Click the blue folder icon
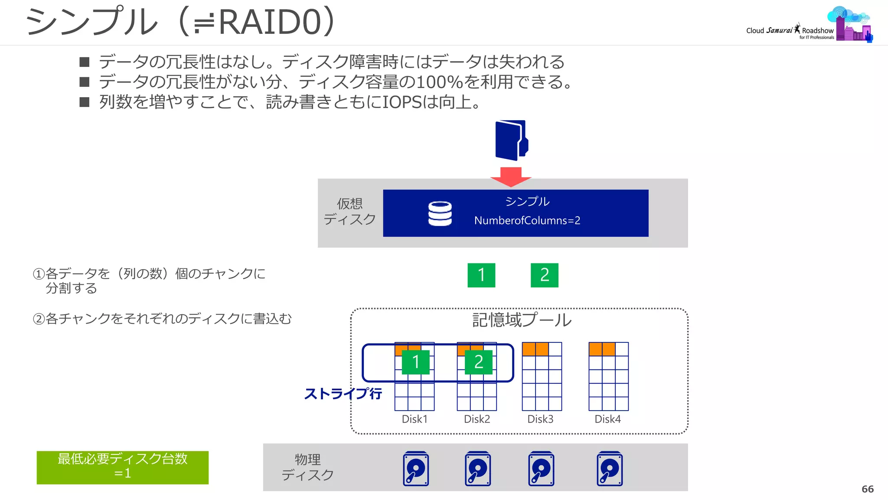click(x=511, y=140)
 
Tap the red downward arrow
click(x=511, y=176)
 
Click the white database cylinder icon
click(x=440, y=214)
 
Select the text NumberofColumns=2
click(x=527, y=220)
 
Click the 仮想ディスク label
click(x=349, y=211)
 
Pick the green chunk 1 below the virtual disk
click(x=481, y=275)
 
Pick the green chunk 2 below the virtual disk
click(x=544, y=275)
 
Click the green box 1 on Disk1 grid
click(x=415, y=362)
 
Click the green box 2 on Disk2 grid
click(x=478, y=362)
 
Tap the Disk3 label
click(x=540, y=419)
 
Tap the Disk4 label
click(x=607, y=419)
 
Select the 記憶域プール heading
click(x=522, y=320)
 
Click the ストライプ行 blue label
click(x=343, y=394)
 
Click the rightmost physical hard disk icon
click(x=610, y=469)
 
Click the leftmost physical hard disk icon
click(x=416, y=469)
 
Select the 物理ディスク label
click(x=307, y=467)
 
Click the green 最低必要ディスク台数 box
click(x=122, y=467)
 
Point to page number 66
click(x=867, y=489)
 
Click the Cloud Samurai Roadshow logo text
click(x=790, y=31)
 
